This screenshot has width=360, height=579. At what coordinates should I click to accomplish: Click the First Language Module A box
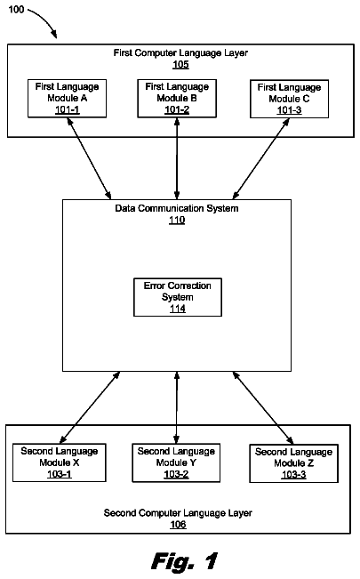68,99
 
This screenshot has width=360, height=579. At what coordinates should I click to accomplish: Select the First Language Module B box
177,99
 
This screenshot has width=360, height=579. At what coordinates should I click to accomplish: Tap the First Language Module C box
290,99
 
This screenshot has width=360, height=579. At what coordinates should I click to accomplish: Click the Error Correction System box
178,297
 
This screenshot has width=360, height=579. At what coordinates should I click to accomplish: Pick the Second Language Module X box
60,462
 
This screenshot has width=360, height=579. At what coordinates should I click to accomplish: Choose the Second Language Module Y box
176,463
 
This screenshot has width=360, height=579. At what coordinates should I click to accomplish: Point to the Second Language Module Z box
294,463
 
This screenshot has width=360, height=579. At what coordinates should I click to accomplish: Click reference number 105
180,65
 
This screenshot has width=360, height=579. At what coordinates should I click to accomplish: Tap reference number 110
177,220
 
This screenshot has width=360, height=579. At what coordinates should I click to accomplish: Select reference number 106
178,525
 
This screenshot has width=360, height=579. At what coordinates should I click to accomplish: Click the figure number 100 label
16,9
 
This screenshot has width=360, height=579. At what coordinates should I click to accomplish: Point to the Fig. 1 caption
185,561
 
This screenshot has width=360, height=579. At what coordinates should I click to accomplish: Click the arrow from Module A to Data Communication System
89,158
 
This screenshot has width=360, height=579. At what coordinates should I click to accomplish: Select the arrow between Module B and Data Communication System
177,159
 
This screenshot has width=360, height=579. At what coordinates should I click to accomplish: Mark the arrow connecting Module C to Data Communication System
261,159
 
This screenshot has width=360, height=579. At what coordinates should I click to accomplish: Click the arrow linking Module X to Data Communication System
90,407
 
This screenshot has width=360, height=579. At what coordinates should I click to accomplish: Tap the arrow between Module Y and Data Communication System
177,407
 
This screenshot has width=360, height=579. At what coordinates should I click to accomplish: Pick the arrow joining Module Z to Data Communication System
263,407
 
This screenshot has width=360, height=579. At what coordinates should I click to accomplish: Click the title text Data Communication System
177,209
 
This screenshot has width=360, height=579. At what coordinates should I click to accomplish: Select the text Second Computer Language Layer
178,513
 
